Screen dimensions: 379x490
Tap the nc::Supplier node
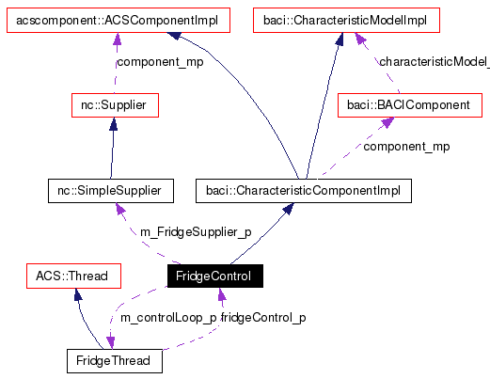(x=114, y=105)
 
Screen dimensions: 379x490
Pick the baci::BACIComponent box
(x=408, y=105)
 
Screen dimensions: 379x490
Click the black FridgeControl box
(x=214, y=276)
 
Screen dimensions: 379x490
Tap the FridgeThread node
(x=114, y=360)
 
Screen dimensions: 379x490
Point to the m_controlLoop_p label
(x=169, y=318)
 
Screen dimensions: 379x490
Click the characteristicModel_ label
(x=434, y=62)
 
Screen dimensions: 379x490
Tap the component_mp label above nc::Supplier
(x=159, y=62)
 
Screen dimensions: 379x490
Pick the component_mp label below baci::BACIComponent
(x=406, y=147)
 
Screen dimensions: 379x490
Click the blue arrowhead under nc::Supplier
(x=113, y=124)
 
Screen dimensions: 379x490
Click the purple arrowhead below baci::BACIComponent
(x=385, y=124)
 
